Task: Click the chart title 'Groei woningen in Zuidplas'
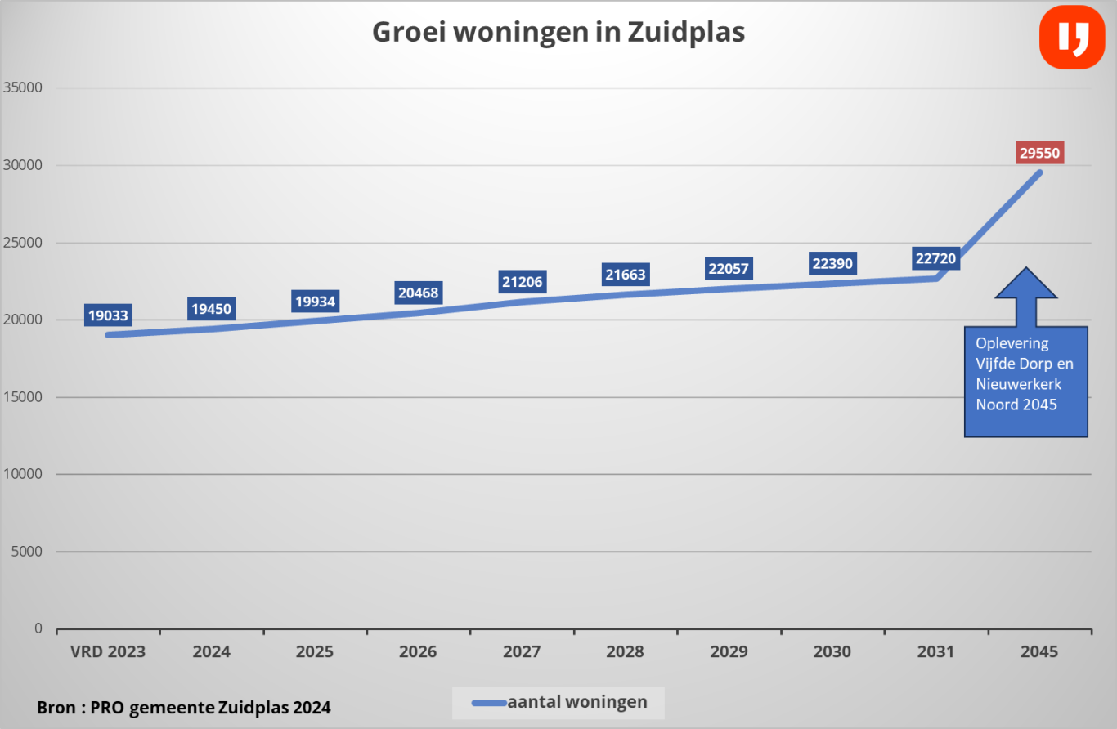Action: [558, 33]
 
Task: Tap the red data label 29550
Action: [1040, 152]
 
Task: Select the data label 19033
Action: [107, 315]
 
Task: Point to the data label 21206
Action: [522, 282]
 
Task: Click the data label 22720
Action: [935, 259]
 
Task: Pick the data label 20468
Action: [419, 293]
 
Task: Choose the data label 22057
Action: [729, 269]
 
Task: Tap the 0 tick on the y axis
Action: [38, 628]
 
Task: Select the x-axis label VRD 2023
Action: [108, 652]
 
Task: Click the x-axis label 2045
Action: [1039, 652]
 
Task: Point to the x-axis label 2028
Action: [626, 652]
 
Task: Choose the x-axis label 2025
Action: [315, 652]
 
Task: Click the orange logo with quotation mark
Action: [1071, 37]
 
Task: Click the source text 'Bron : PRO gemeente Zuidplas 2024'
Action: [184, 708]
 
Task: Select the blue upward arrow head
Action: [1025, 284]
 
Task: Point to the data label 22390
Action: [832, 263]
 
